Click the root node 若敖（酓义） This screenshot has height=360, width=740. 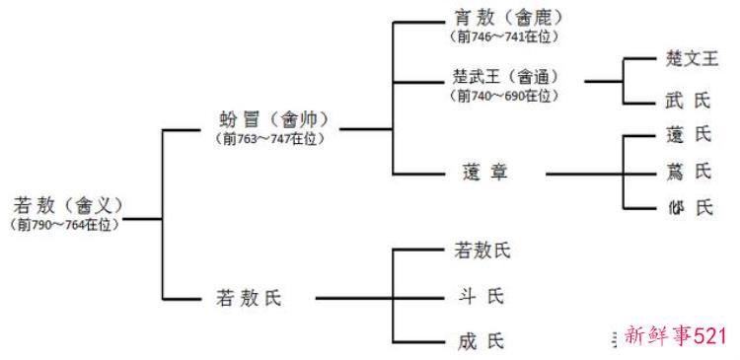coord(66,206)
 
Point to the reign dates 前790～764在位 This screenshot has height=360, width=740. coord(66,225)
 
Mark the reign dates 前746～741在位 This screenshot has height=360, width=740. coord(504,36)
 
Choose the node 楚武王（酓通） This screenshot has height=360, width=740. coord(504,77)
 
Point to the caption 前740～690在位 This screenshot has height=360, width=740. coord(504,96)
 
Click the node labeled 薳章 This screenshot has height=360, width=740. coord(482,175)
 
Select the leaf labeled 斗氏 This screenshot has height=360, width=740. coord(481,295)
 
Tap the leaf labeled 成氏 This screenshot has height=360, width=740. coord(481,341)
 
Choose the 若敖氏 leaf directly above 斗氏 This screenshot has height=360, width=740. coord(482,251)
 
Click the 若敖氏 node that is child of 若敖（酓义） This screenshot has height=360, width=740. coord(248,297)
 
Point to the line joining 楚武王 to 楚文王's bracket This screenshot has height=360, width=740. coord(602,80)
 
